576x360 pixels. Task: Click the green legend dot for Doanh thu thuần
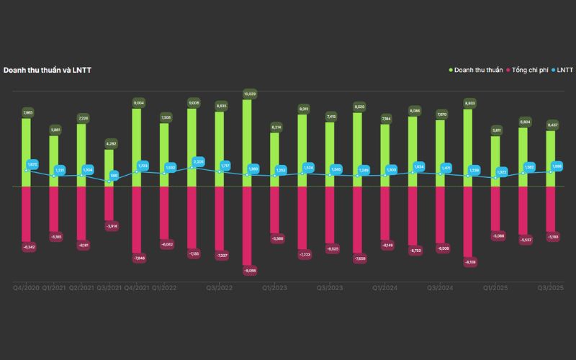[x=451, y=70]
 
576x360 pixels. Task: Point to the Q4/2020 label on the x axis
[x=27, y=288]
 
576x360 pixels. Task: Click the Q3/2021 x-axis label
[x=109, y=288]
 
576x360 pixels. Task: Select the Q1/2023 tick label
[x=274, y=288]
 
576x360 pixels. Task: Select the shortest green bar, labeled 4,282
[x=109, y=168]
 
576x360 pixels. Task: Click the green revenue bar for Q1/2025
[x=496, y=161]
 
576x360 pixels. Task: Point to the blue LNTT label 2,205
[x=198, y=162]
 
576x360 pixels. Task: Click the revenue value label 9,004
[x=137, y=103]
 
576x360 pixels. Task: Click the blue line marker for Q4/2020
[x=27, y=171]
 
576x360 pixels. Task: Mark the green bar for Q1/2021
[x=54, y=161]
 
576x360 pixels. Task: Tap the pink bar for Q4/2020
[x=27, y=215]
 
